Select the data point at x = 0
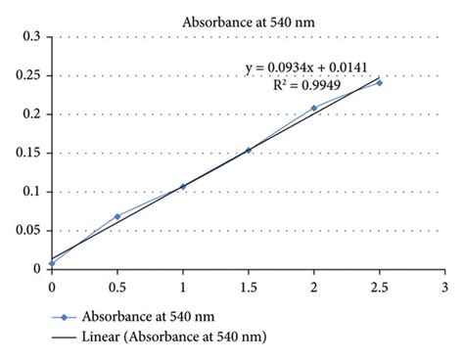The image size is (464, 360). point(52,263)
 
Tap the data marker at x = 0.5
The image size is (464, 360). point(117,216)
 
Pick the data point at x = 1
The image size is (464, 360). point(183,186)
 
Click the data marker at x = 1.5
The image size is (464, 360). point(249,150)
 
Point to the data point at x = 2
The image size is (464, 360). point(314,108)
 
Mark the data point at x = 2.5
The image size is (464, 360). point(380,82)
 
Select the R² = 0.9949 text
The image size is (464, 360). point(308,84)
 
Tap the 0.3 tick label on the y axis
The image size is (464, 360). point(32,37)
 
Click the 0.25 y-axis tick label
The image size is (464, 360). point(29,75)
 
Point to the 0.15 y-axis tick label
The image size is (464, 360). point(29,153)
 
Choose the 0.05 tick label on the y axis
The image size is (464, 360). point(29,230)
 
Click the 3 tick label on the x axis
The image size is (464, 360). point(444,288)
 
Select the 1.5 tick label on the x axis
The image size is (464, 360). point(249,288)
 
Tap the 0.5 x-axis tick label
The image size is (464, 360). point(117,288)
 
